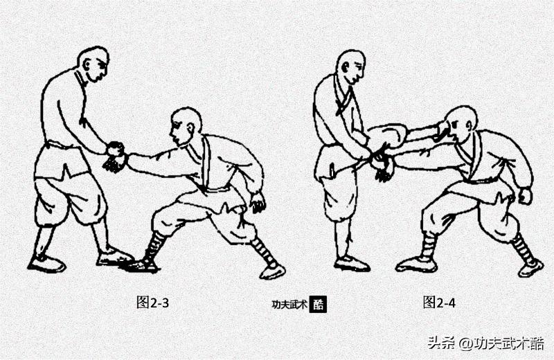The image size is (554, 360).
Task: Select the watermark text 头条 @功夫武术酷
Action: (x=485, y=343)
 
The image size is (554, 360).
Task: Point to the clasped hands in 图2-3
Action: (x=115, y=156)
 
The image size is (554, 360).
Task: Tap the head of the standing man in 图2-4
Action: (x=351, y=66)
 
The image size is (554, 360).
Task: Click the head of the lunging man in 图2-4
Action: (x=461, y=125)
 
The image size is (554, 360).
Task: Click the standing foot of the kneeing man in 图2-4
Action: (x=350, y=263)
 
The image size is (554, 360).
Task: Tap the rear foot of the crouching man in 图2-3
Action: (x=272, y=271)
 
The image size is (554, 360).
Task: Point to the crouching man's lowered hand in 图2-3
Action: (x=258, y=203)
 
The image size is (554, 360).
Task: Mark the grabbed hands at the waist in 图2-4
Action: (x=380, y=163)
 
